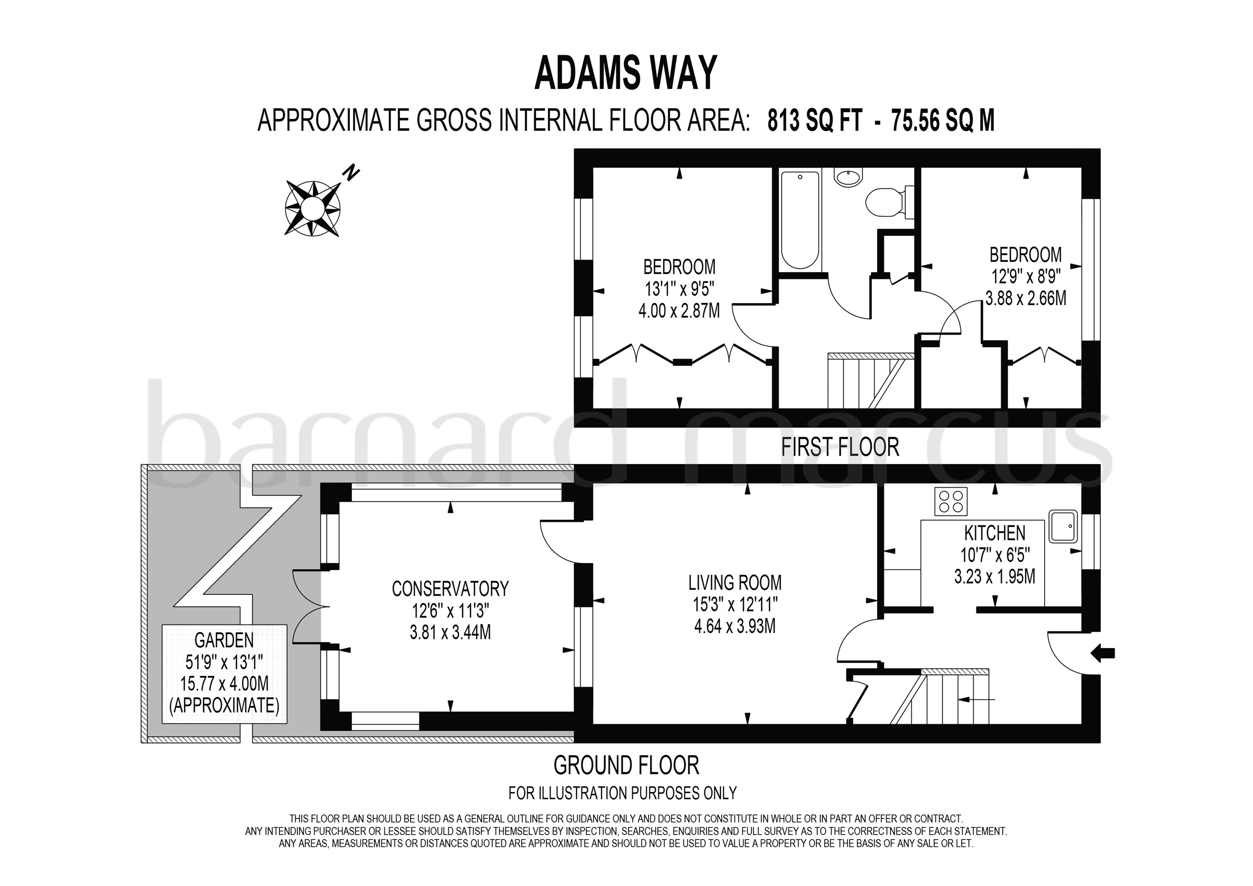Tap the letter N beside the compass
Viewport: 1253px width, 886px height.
click(351, 173)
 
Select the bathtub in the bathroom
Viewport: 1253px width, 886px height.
click(800, 219)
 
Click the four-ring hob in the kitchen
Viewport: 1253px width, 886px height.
click(951, 501)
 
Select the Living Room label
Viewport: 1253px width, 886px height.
click(735, 583)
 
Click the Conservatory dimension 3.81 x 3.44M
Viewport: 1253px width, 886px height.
click(450, 632)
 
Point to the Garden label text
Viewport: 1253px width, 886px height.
click(224, 639)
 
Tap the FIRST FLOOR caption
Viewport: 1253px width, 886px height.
click(840, 447)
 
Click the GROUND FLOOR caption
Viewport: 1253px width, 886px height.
click(626, 766)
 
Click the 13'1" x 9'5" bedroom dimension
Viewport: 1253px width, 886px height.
click(679, 289)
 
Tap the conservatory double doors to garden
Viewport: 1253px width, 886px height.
click(307, 606)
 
